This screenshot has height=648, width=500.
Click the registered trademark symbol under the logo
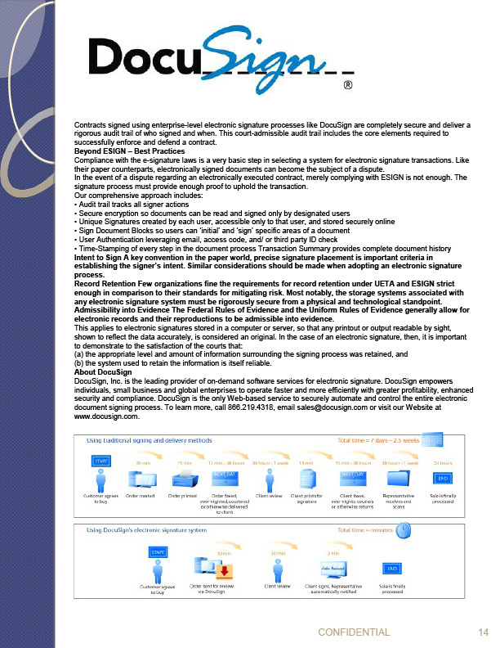(348, 84)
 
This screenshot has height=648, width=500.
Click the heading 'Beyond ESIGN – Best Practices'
(129, 151)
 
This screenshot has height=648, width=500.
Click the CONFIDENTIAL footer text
(354, 632)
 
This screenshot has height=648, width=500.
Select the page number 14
(483, 632)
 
